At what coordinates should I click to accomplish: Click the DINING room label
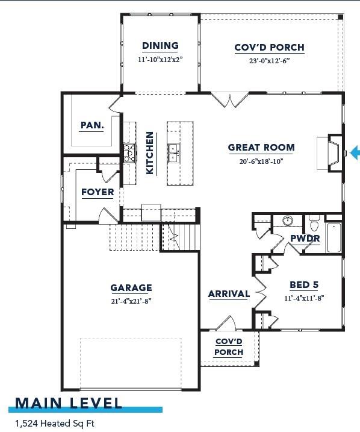point(160,46)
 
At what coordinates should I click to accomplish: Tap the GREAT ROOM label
point(261,147)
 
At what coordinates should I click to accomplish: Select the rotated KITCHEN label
point(150,153)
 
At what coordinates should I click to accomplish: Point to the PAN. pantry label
point(92,125)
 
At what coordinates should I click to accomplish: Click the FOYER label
point(98,192)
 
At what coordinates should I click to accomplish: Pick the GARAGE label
point(131,287)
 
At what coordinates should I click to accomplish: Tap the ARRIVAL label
point(229,294)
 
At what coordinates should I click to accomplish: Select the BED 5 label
point(304,284)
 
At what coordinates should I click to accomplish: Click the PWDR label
point(305,239)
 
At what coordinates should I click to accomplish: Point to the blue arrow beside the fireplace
point(354,152)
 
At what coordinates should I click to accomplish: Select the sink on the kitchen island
point(173,152)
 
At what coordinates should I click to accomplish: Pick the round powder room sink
point(287,221)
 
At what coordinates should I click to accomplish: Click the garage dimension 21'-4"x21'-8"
point(131,300)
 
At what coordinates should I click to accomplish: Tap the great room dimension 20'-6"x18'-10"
point(261,161)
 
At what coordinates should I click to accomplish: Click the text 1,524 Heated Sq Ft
point(55,424)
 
